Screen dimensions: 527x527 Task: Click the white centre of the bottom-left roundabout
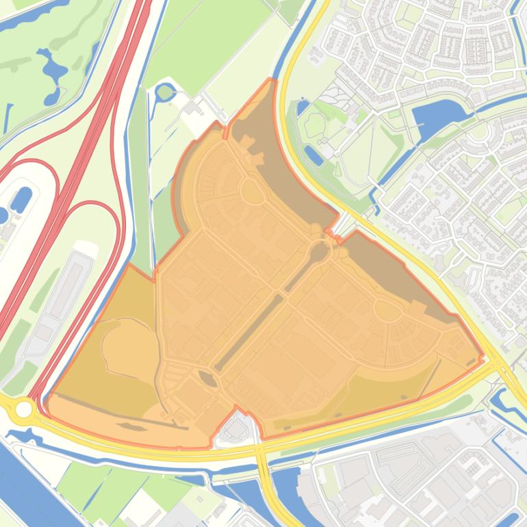(24, 409)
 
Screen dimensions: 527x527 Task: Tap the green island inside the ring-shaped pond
(165, 92)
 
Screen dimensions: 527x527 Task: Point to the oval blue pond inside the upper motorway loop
(21, 199)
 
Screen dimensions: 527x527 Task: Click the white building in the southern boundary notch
(237, 430)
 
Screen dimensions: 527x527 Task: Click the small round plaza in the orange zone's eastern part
(388, 311)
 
